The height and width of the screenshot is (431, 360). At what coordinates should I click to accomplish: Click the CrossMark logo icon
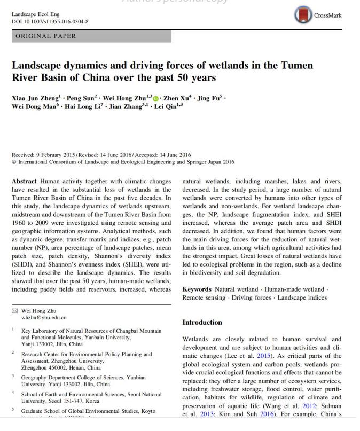(x=302, y=15)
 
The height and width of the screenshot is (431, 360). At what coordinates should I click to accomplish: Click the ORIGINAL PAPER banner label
(x=45, y=36)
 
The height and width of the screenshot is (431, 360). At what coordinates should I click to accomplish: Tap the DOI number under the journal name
(x=50, y=22)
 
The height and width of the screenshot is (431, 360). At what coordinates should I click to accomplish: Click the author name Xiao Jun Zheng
(x=35, y=99)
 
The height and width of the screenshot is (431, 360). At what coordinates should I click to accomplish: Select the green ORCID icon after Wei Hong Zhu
(x=156, y=99)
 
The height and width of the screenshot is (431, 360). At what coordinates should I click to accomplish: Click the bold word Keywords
(x=197, y=289)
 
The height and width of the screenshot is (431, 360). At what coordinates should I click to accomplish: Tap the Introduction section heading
(x=202, y=323)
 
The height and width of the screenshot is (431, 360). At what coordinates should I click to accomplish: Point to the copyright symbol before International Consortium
(x=14, y=162)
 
